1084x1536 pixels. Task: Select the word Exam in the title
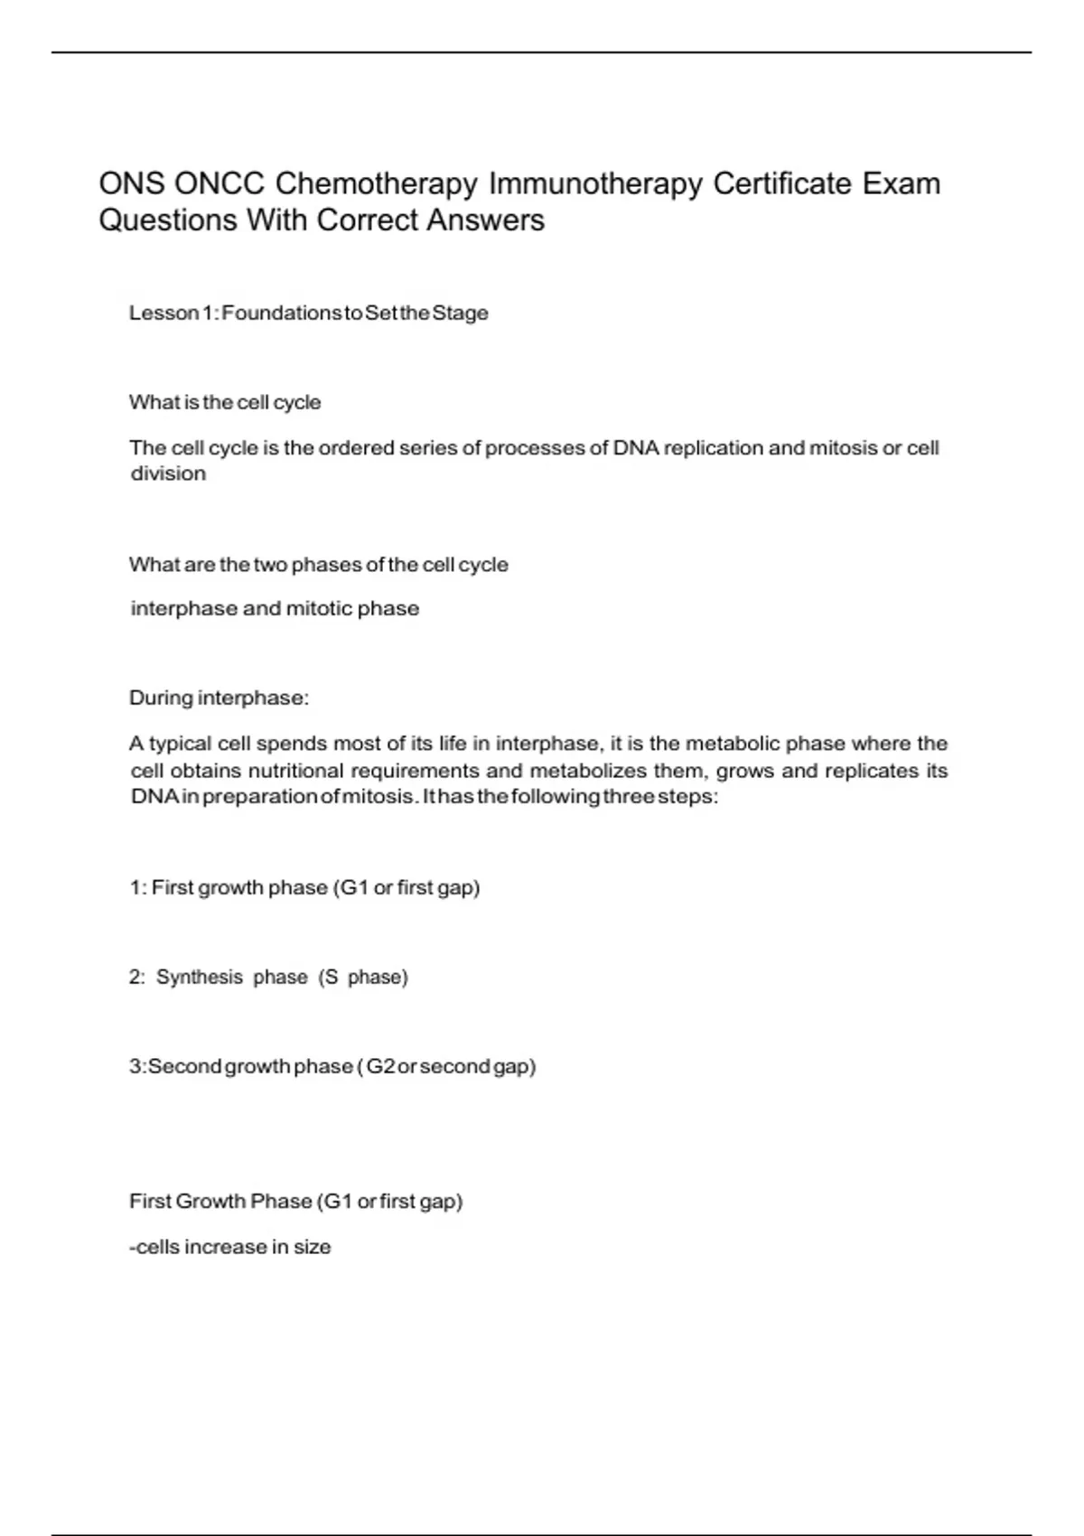pos(901,183)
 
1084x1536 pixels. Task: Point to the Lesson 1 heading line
pos(308,313)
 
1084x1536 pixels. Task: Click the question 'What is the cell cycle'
pos(225,402)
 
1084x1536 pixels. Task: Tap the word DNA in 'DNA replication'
pos(636,448)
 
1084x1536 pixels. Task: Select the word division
pos(168,473)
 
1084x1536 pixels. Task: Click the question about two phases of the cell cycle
pos(318,565)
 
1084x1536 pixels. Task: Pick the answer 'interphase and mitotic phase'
pos(275,608)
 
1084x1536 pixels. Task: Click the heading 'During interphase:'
pos(219,698)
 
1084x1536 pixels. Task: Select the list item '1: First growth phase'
pos(304,887)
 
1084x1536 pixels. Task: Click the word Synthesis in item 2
pos(200,977)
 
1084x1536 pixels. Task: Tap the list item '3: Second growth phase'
pos(332,1066)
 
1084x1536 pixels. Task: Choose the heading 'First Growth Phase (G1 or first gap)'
pos(295,1201)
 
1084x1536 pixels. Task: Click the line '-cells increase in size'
pos(230,1247)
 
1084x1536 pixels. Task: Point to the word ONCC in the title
pos(219,183)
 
